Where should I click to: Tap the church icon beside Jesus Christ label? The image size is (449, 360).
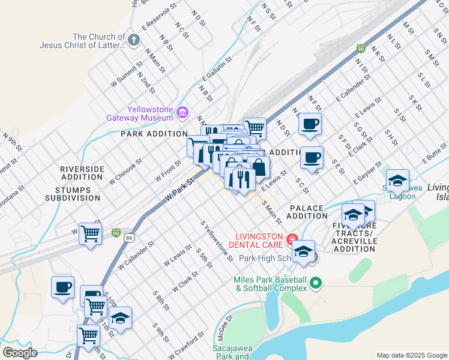133,40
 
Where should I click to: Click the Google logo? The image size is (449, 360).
20,352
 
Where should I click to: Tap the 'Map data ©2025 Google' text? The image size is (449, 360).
412,355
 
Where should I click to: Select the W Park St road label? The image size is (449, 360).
181,190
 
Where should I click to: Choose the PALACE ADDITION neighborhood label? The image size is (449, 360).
308,211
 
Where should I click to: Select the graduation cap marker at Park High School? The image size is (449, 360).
304,251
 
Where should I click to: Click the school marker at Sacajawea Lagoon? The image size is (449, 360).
397,180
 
